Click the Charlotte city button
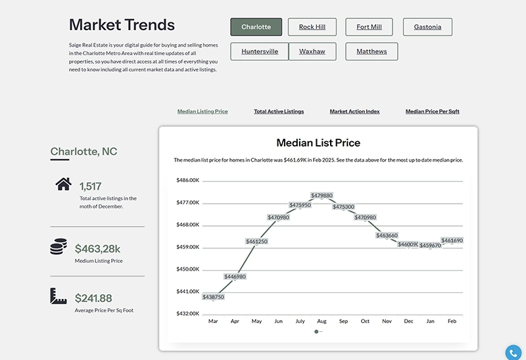(x=256, y=27)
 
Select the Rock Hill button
(x=312, y=27)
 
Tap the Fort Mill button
(x=369, y=27)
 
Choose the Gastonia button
(x=427, y=27)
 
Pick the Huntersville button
(x=259, y=51)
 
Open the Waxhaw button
(x=312, y=51)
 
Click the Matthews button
(x=371, y=51)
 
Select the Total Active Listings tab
(x=279, y=112)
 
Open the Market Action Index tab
(x=354, y=112)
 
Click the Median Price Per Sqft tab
(x=432, y=112)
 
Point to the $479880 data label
(x=322, y=196)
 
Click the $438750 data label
(x=213, y=297)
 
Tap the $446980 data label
(x=235, y=277)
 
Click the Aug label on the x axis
(x=322, y=321)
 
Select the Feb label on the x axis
(x=452, y=321)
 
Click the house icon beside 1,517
(x=63, y=184)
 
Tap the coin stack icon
(x=59, y=246)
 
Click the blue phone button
(x=513, y=352)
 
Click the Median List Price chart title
(x=318, y=143)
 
